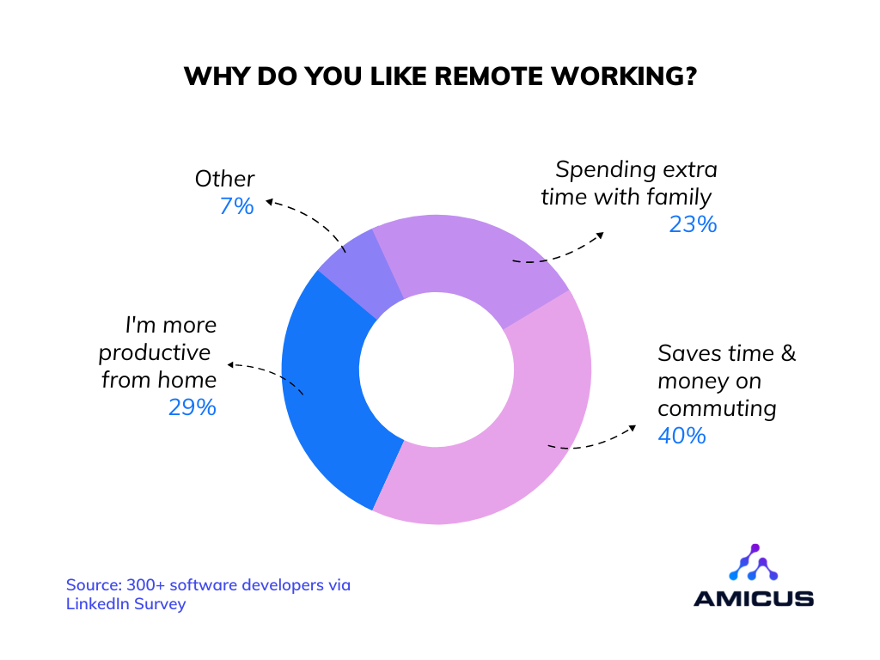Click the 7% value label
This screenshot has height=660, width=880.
pyautogui.click(x=236, y=206)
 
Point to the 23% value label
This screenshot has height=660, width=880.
pyautogui.click(x=694, y=224)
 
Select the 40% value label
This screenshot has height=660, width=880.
pyautogui.click(x=681, y=436)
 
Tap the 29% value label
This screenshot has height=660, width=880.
pyautogui.click(x=192, y=407)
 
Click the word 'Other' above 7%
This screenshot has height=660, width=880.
pyautogui.click(x=224, y=179)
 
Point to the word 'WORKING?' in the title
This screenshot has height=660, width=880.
pyautogui.click(x=624, y=76)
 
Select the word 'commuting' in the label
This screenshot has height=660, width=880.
pyautogui.click(x=717, y=409)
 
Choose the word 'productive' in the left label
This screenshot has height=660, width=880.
pyautogui.click(x=155, y=353)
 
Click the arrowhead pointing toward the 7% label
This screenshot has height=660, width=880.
pyautogui.click(x=269, y=201)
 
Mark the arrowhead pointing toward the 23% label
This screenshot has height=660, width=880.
pyautogui.click(x=601, y=235)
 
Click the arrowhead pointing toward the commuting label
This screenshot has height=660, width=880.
pyautogui.click(x=632, y=428)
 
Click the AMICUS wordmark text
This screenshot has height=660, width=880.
pyautogui.click(x=754, y=598)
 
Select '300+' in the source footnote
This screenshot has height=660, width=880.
pyautogui.click(x=145, y=584)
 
